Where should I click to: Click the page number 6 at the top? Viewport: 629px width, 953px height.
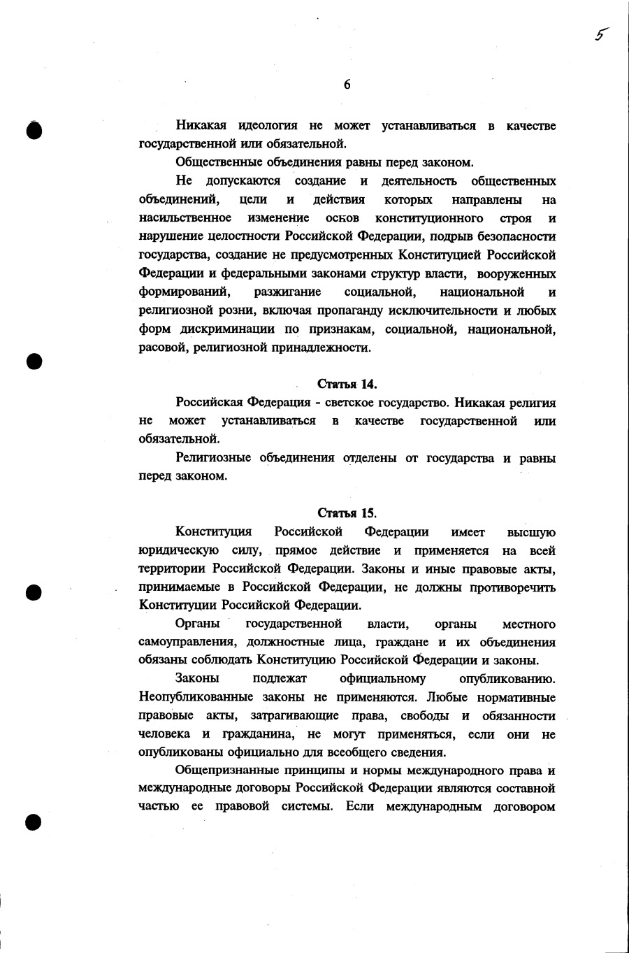pos(347,85)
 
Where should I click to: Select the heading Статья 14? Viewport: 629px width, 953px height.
pos(347,384)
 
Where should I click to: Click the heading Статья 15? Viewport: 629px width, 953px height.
pos(347,513)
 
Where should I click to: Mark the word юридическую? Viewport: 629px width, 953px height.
pos(179,550)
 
